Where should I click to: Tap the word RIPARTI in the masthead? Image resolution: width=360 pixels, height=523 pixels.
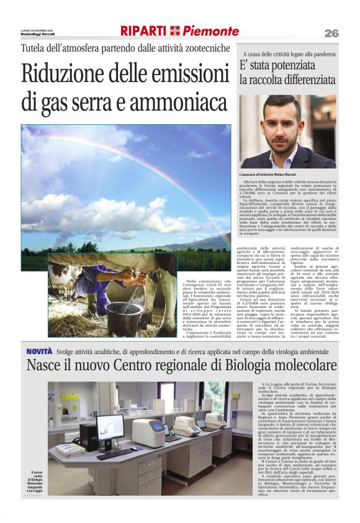[143, 31]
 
